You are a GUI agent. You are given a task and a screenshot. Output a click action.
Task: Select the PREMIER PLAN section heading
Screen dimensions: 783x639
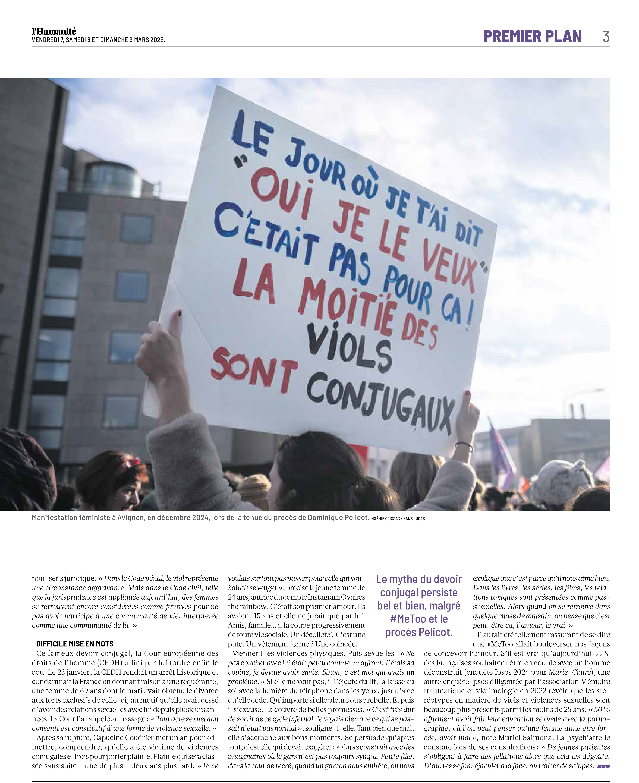coord(532,36)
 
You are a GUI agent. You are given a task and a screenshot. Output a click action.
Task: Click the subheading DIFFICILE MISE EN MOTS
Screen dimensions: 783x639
coord(75,644)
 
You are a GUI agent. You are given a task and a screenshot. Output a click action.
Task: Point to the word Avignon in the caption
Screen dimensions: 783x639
coord(131,518)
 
